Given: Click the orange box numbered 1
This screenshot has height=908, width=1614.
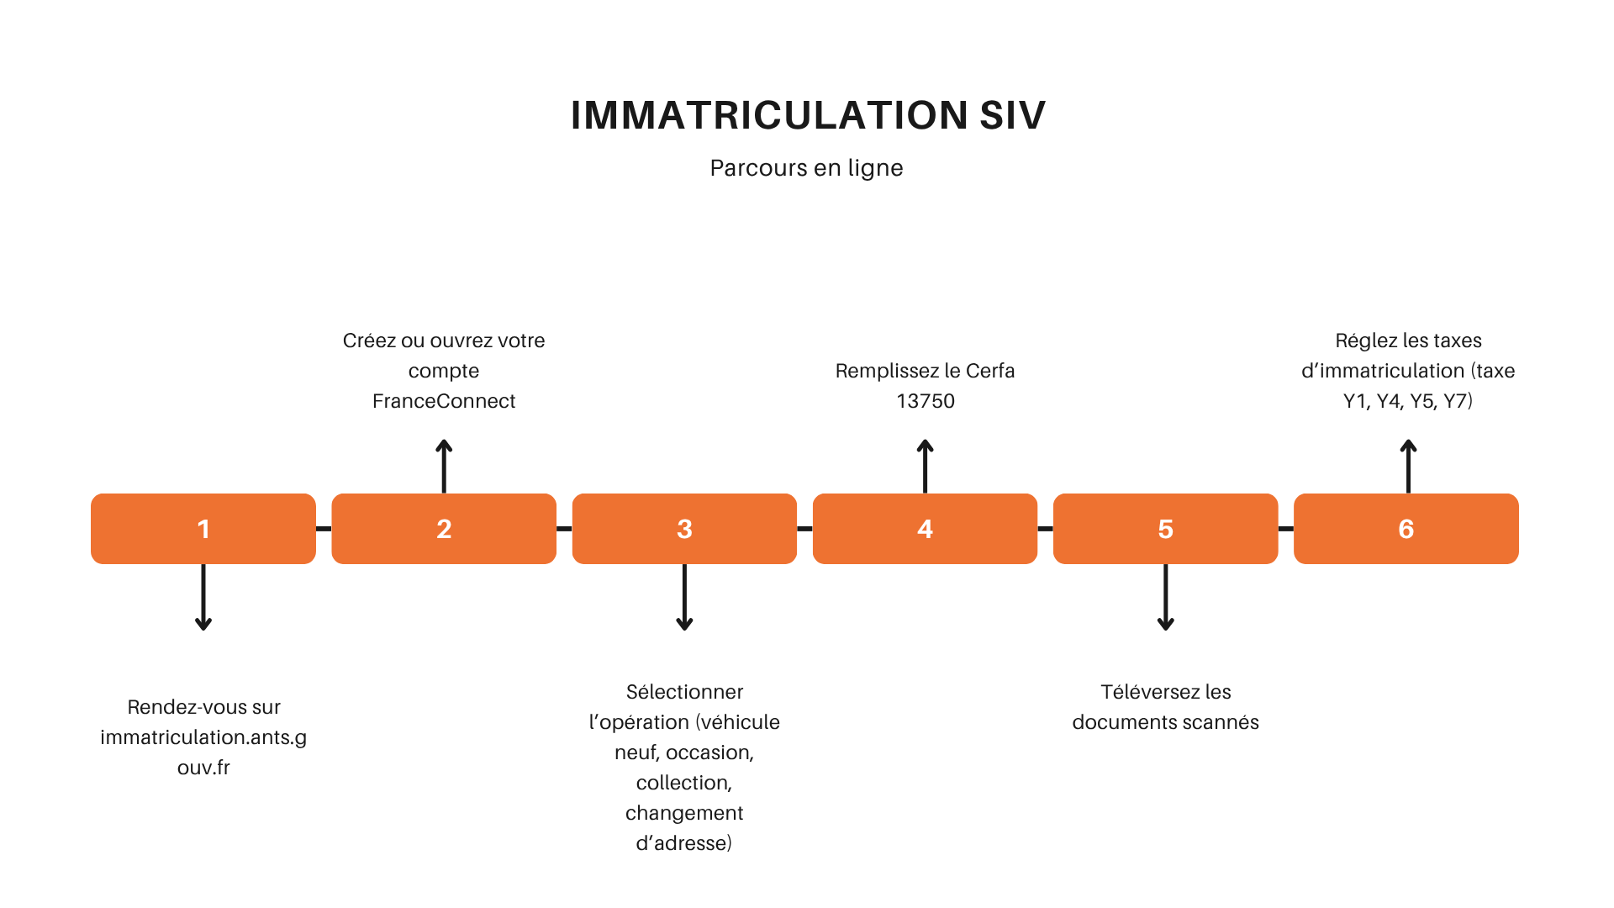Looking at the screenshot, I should click(x=203, y=529).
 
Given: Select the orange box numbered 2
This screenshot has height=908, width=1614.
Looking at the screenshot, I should click(x=444, y=529).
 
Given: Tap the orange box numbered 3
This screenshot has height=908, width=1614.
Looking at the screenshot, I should click(x=684, y=529).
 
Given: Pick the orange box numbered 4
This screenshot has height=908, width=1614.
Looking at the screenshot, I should click(x=925, y=529).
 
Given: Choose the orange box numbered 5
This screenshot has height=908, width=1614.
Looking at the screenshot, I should click(x=1165, y=529).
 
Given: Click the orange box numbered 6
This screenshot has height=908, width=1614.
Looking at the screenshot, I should click(x=1406, y=529).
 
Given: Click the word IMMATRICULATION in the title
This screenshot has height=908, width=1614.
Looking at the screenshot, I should click(x=769, y=115).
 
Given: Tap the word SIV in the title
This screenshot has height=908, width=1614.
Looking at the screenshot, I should click(x=1012, y=115).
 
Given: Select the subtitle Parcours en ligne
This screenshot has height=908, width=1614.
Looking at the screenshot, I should click(x=806, y=168).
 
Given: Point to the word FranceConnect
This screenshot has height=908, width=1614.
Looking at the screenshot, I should click(x=444, y=401).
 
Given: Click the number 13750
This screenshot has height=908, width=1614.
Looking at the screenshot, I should click(x=925, y=401).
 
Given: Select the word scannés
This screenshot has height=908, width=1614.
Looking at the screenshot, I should click(x=1217, y=722).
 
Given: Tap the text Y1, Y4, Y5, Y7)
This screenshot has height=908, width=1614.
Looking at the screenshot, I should click(x=1407, y=401).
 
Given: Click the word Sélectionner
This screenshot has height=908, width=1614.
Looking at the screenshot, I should click(x=684, y=692).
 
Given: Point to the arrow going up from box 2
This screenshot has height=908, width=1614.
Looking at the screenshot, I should click(x=444, y=466).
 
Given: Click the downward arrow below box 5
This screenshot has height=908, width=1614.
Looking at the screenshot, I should click(x=1165, y=597).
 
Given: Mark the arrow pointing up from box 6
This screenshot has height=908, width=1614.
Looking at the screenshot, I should click(x=1408, y=466).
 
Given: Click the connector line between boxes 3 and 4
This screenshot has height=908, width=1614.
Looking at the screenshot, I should click(x=804, y=529).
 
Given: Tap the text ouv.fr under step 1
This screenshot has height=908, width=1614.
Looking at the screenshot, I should click(x=203, y=768).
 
